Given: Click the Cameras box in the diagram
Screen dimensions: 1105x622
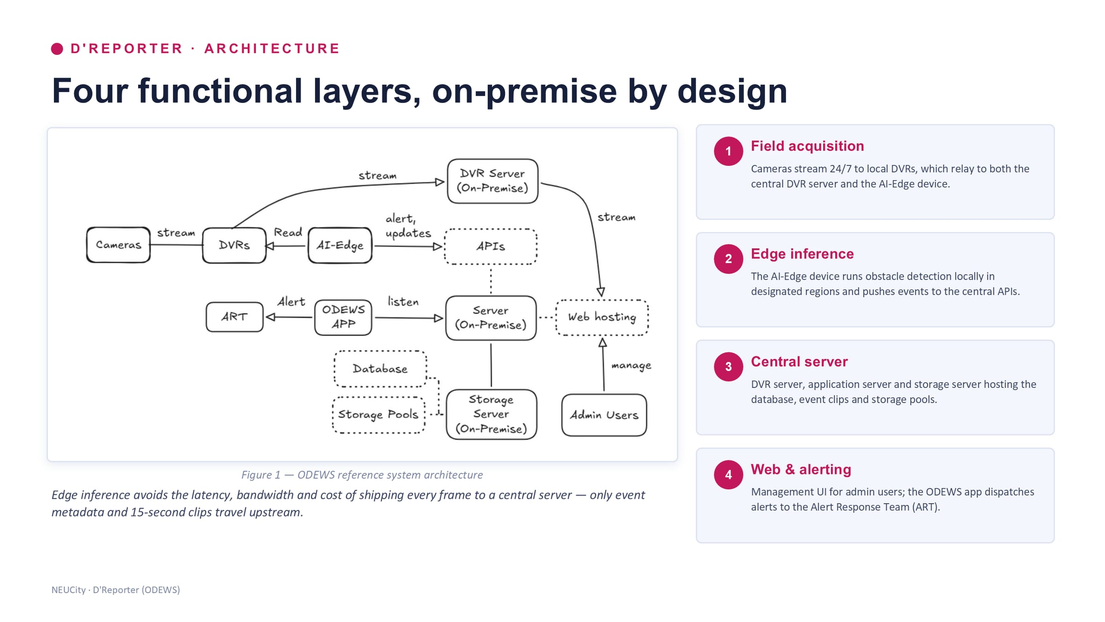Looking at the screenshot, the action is coord(118,245).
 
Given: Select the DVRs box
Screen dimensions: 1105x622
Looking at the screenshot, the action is coord(234,245).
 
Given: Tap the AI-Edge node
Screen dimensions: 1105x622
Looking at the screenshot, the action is coord(340,245).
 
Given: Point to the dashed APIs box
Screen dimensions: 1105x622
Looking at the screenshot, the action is coord(491,246).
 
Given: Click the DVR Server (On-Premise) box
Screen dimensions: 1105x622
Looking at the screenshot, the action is coord(493,181).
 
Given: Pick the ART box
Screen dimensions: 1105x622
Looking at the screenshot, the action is coord(234,317).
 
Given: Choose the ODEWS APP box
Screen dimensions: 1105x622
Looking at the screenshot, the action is coord(343,317).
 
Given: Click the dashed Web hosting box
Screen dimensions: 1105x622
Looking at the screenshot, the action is coord(602,317).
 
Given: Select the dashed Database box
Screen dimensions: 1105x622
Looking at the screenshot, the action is coord(380,369).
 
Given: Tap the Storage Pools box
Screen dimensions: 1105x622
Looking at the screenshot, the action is coord(378,415).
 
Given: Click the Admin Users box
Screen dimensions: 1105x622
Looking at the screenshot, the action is coord(604,415).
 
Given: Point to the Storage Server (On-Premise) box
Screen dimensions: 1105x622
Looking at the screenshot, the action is coord(491,414).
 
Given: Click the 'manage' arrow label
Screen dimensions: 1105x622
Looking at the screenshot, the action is coord(631,366).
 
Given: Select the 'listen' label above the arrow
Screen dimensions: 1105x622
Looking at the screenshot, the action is coord(403,302).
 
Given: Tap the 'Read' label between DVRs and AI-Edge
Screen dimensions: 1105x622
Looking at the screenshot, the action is coord(288,232).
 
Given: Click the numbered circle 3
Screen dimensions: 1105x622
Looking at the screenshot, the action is coord(728,367).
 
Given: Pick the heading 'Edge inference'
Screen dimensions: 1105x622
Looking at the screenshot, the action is coord(802,254).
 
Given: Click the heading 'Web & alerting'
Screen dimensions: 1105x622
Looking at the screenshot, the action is coord(801,469).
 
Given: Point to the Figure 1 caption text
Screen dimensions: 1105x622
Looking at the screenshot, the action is coord(362,475).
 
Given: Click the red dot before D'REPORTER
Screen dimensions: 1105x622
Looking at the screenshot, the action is coord(57,49).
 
